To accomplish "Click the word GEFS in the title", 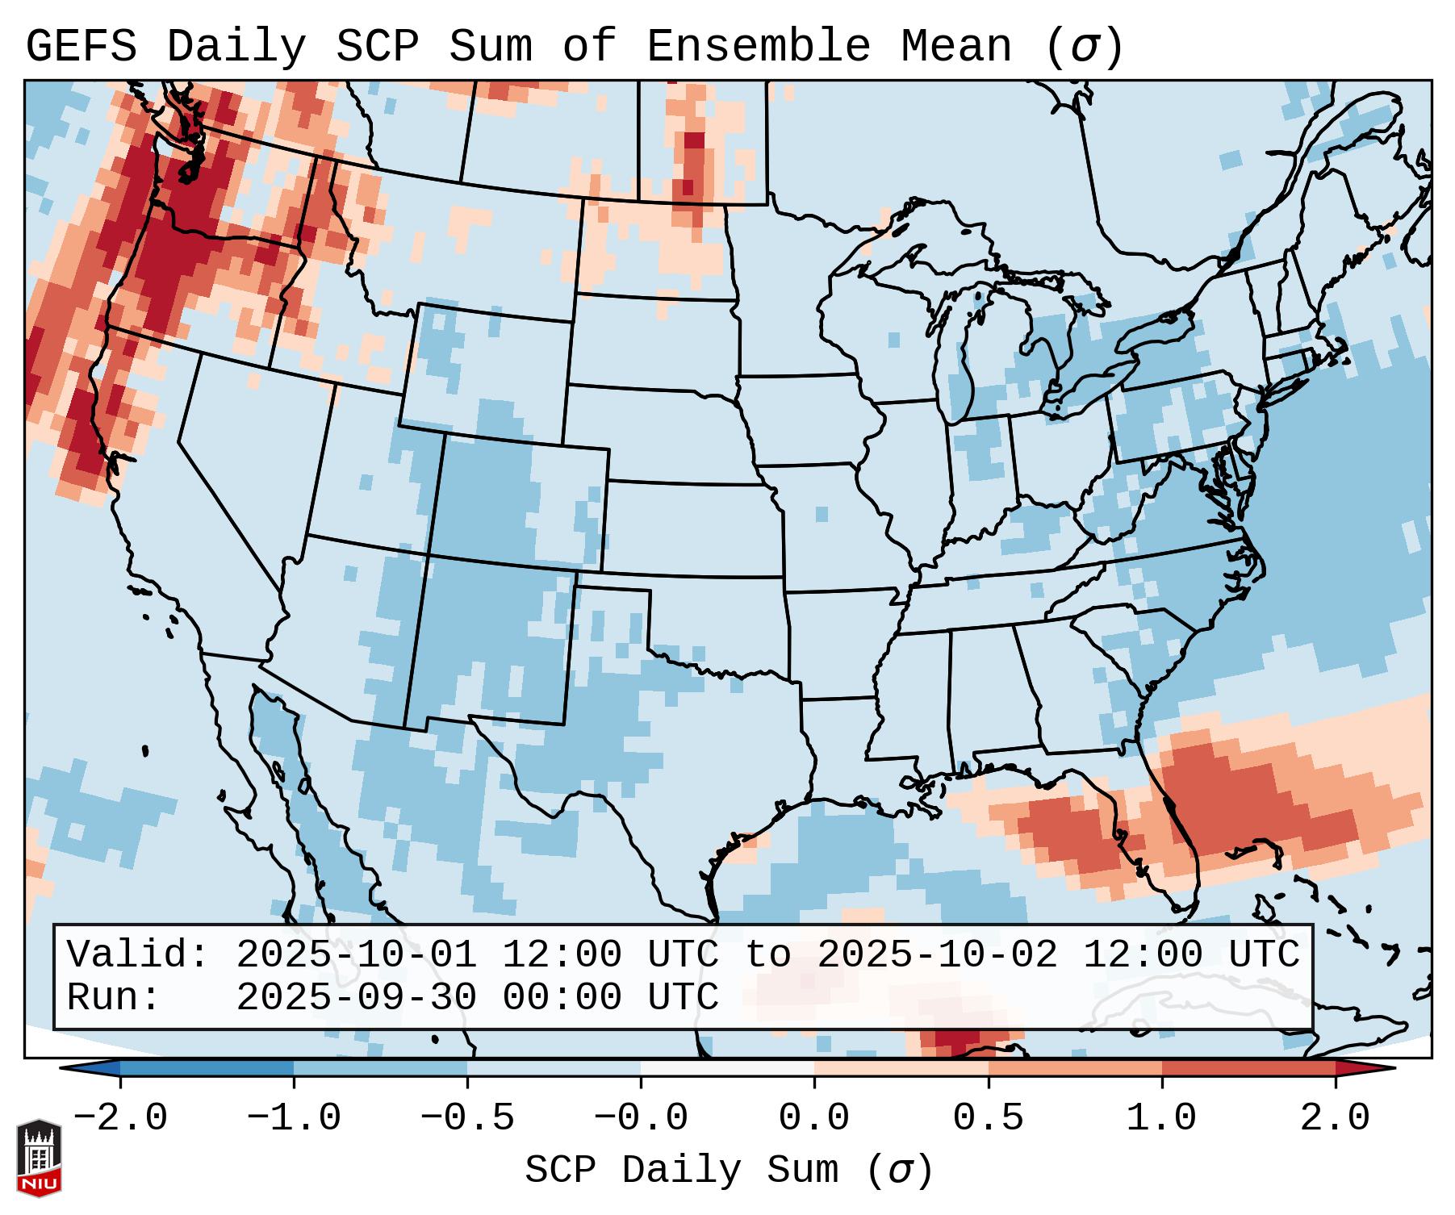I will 81,47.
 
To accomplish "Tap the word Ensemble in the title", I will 758,47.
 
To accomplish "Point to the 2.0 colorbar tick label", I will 1335,1118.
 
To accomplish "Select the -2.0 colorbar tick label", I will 120,1118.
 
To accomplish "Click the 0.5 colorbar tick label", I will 988,1118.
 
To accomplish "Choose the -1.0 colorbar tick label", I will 293,1118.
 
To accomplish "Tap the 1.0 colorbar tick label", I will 1161,1118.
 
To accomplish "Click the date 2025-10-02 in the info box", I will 937,955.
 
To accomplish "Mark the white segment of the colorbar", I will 727,1068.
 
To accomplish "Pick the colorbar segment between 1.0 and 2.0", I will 1248,1068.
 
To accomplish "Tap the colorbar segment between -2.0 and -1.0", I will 207,1068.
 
